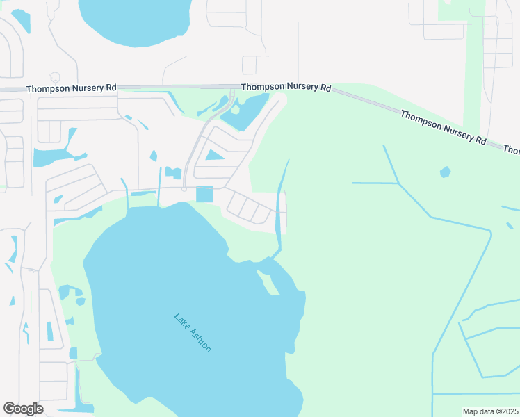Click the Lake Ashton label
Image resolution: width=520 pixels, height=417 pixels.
click(x=193, y=333)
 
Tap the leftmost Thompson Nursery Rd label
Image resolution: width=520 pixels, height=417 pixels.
click(x=72, y=89)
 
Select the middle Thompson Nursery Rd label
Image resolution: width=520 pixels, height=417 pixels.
click(x=286, y=87)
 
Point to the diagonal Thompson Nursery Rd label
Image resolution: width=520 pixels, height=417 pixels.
click(x=443, y=126)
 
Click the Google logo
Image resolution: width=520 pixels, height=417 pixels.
click(x=24, y=409)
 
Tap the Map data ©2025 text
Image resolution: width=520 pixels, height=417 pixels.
click(x=490, y=411)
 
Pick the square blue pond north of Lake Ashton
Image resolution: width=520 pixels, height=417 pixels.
click(x=204, y=195)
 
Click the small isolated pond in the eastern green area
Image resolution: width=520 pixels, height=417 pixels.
click(x=445, y=171)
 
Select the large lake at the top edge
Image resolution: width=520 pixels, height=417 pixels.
click(x=136, y=19)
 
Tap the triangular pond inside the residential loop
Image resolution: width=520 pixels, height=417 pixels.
click(x=214, y=155)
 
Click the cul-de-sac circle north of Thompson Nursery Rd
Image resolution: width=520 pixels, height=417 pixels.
click(x=56, y=77)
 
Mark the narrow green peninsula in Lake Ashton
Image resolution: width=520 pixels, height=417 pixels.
click(x=265, y=282)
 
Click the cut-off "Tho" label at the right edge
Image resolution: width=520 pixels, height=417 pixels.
click(x=512, y=149)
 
